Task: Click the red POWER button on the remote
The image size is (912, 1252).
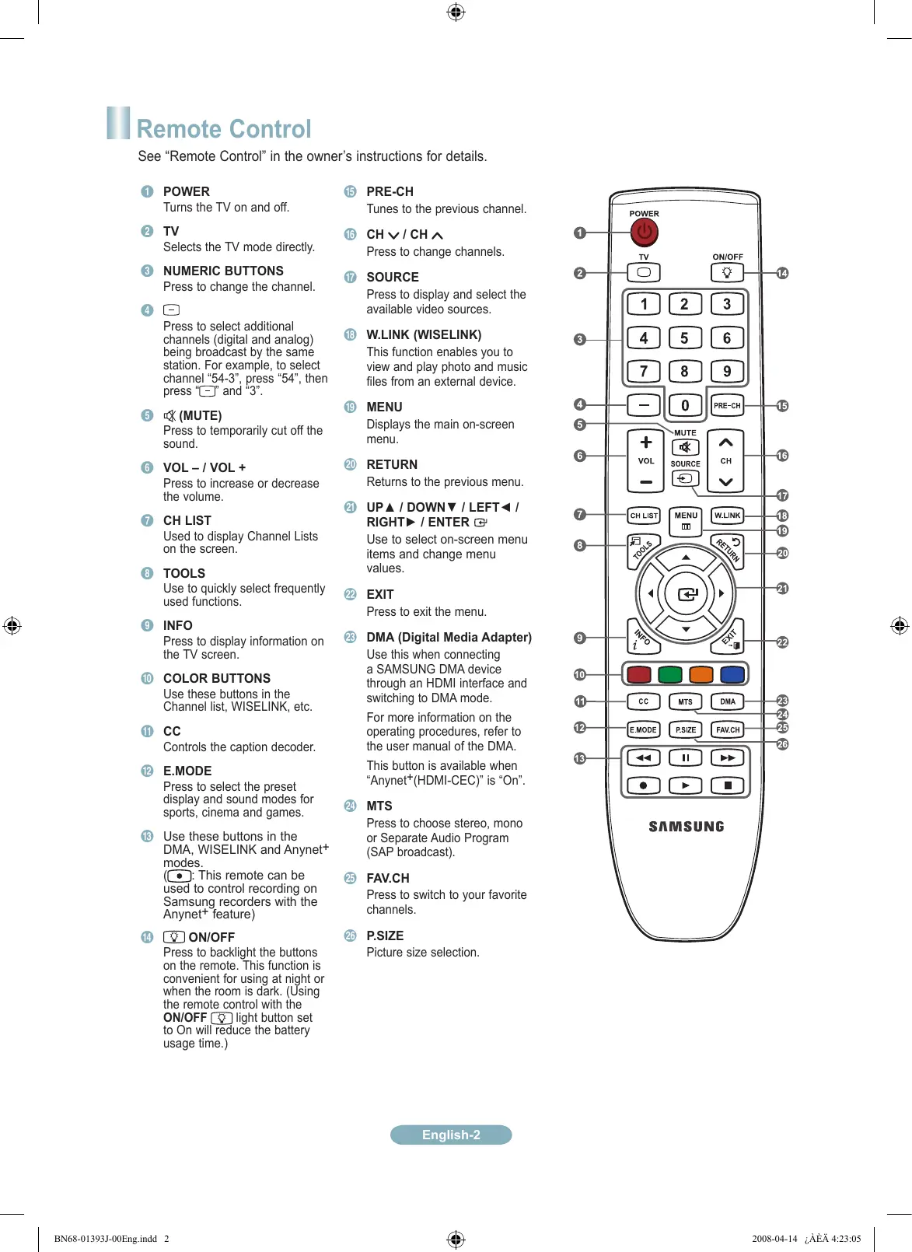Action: point(644,232)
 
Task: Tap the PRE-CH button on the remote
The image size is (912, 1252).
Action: point(727,405)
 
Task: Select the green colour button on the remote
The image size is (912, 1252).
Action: point(669,674)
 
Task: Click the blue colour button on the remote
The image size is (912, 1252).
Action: point(732,674)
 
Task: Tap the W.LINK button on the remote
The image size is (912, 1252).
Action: point(727,516)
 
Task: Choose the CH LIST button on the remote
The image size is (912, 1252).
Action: point(644,516)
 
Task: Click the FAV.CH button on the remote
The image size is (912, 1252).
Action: point(728,729)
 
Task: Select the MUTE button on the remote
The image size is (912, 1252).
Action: point(685,447)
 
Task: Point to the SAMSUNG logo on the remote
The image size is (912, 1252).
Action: point(687,827)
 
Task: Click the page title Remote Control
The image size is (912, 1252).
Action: point(224,129)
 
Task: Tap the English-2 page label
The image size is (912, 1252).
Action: point(451,1135)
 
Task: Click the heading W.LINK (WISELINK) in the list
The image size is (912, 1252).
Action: point(424,335)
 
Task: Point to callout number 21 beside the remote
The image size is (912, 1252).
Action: point(782,589)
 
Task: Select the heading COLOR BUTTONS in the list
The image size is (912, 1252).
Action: point(217,678)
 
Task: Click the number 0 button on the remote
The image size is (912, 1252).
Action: point(685,405)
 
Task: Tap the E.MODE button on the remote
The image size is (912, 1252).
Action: point(643,729)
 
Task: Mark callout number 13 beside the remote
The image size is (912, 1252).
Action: point(579,758)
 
